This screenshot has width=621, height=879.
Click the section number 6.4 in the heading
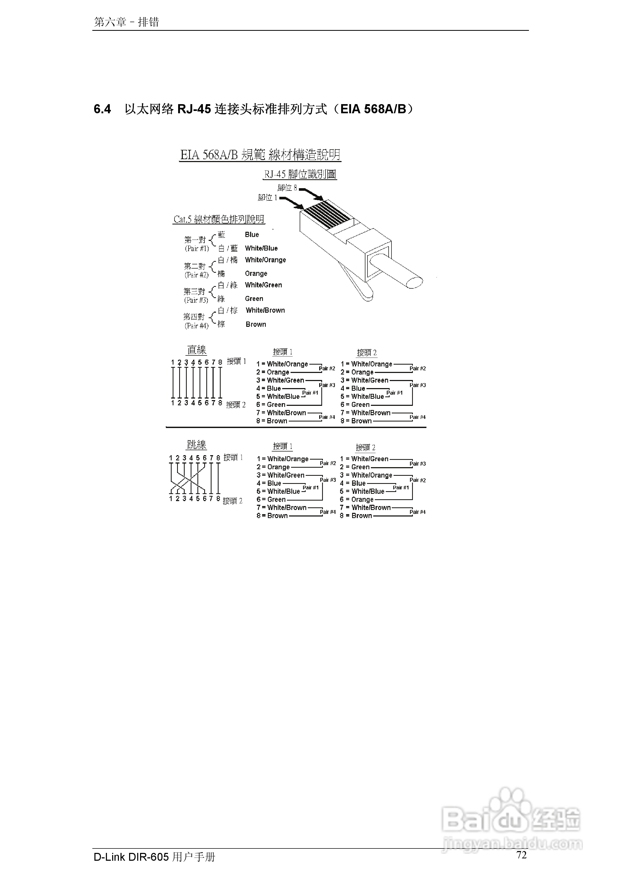[x=102, y=110]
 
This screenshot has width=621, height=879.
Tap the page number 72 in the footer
[x=522, y=855]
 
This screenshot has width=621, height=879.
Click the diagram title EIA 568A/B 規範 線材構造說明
[x=260, y=155]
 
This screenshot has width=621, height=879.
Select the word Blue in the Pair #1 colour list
[x=252, y=235]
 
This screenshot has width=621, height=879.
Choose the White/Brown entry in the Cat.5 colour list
[x=265, y=311]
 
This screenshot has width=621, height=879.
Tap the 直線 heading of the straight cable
[x=197, y=350]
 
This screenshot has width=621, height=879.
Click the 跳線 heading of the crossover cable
[x=197, y=445]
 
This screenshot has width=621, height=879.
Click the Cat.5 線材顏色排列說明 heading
[x=219, y=219]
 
